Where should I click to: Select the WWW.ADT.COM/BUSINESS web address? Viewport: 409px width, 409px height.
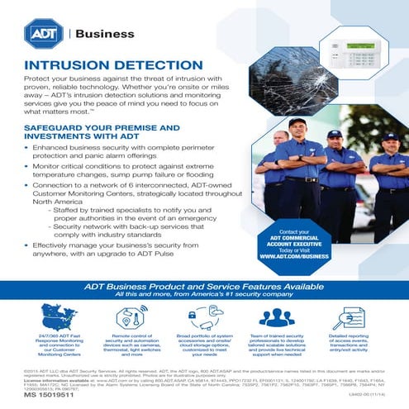pos(293,256)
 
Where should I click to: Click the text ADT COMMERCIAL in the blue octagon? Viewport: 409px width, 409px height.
pos(294,238)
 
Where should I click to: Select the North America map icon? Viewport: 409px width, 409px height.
pos(58,318)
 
